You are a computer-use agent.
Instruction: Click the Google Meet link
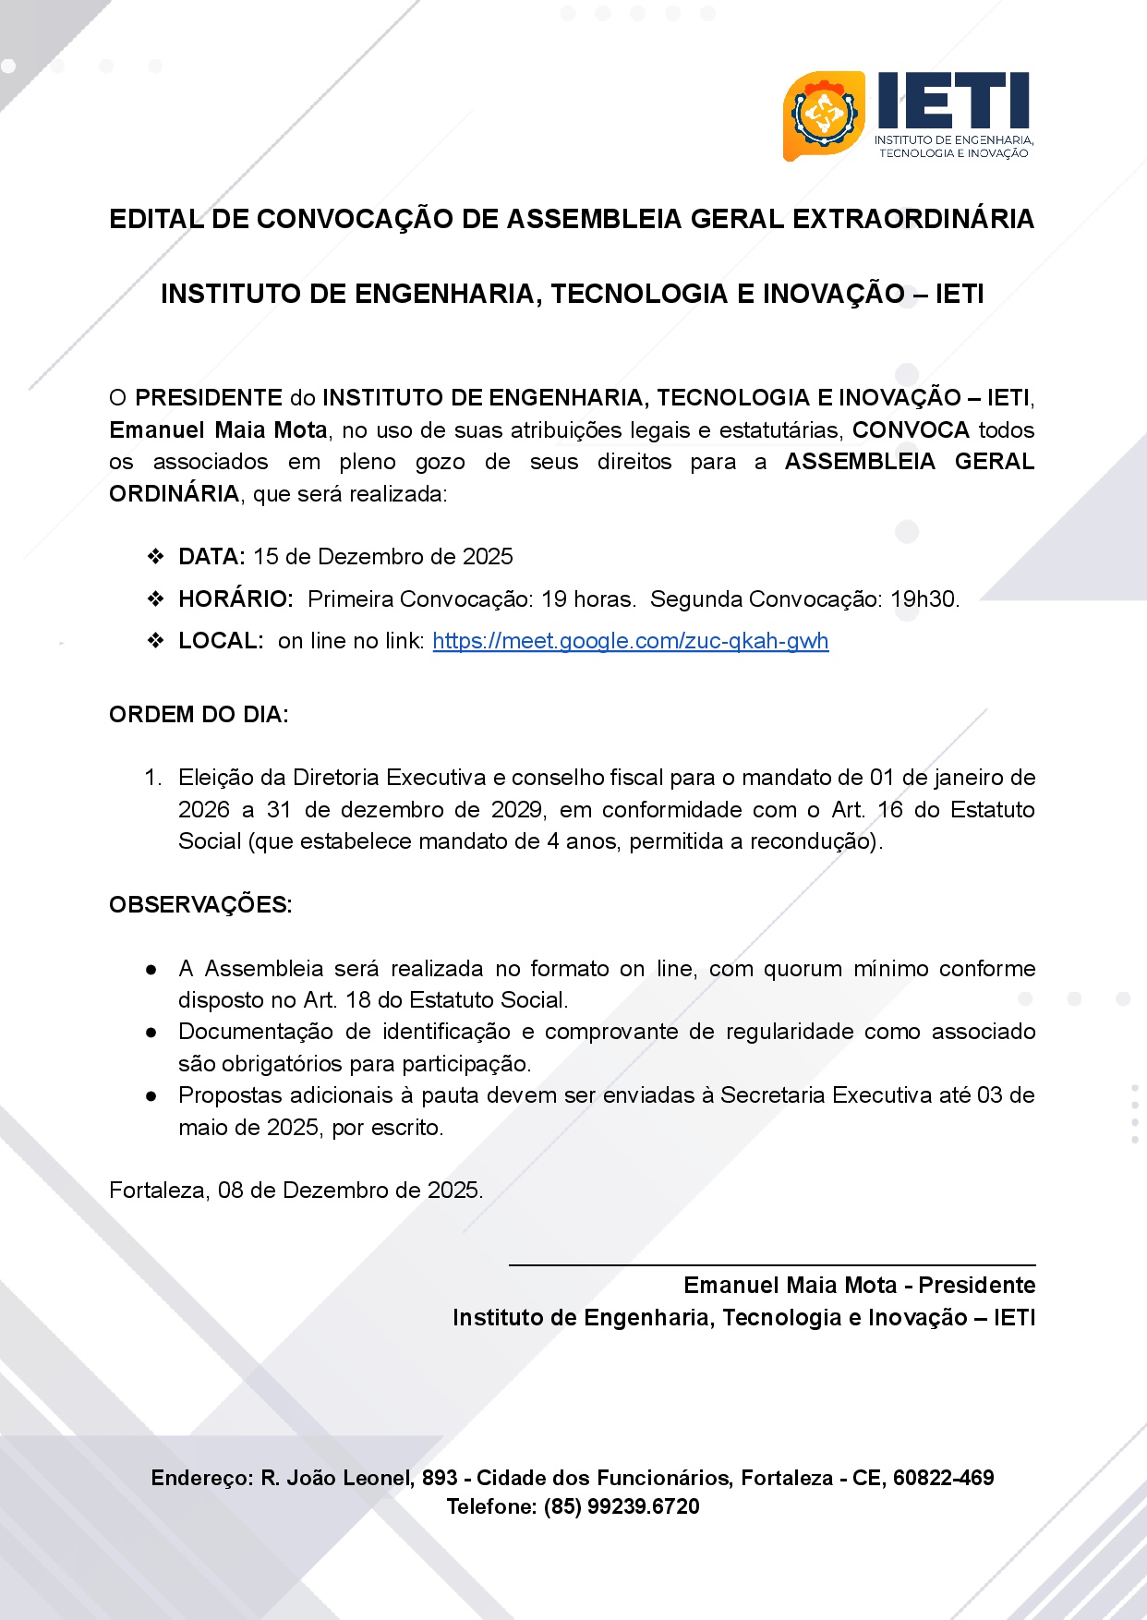point(630,641)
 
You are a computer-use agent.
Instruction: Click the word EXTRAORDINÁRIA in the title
point(913,220)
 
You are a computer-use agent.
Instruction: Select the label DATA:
point(211,557)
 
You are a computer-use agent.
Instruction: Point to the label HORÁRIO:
point(235,599)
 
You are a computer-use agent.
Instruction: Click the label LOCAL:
point(221,641)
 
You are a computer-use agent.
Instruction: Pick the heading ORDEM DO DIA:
point(199,715)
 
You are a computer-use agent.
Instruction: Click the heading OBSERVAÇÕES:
point(200,905)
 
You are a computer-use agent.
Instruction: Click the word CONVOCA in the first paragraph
point(911,430)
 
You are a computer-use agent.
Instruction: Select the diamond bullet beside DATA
point(155,557)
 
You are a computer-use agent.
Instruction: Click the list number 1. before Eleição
point(153,778)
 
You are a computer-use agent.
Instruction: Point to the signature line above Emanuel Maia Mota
point(772,1264)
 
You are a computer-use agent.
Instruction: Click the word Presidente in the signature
point(976,1286)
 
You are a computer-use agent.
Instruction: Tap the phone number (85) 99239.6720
point(622,1506)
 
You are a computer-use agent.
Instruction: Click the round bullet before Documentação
point(151,1033)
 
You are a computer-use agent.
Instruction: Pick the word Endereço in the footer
point(201,1478)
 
